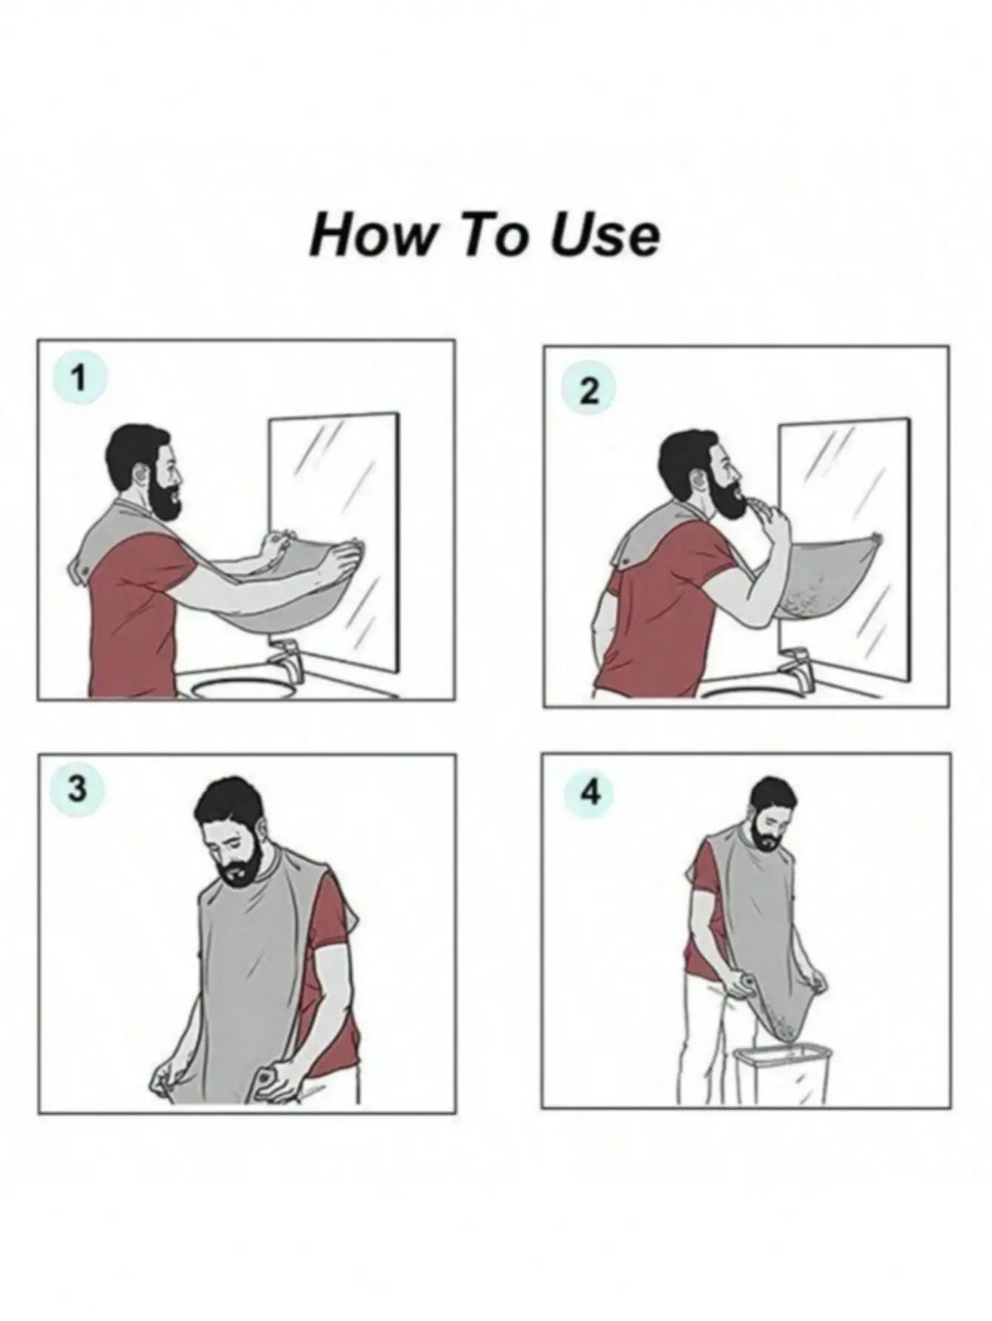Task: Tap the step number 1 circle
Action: pyautogui.click(x=79, y=380)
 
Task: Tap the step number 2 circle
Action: pyautogui.click(x=589, y=390)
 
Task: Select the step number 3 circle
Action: pyautogui.click(x=77, y=789)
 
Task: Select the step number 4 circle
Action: pyautogui.click(x=590, y=794)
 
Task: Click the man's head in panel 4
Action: pyautogui.click(x=770, y=807)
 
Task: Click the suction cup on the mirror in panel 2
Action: pyautogui.click(x=877, y=537)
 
